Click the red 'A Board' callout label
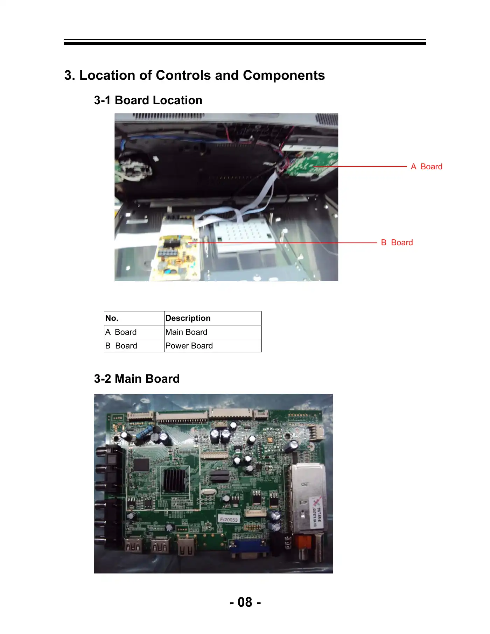tap(426, 167)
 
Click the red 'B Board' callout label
tap(397, 242)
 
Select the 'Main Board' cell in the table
tap(186, 332)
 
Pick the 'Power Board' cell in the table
tap(189, 346)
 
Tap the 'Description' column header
tap(188, 318)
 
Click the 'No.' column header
tap(112, 318)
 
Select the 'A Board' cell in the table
tap(121, 332)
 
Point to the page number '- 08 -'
tap(245, 602)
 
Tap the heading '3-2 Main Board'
tap(137, 379)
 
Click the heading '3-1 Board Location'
tap(148, 100)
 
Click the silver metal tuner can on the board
tap(307, 497)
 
